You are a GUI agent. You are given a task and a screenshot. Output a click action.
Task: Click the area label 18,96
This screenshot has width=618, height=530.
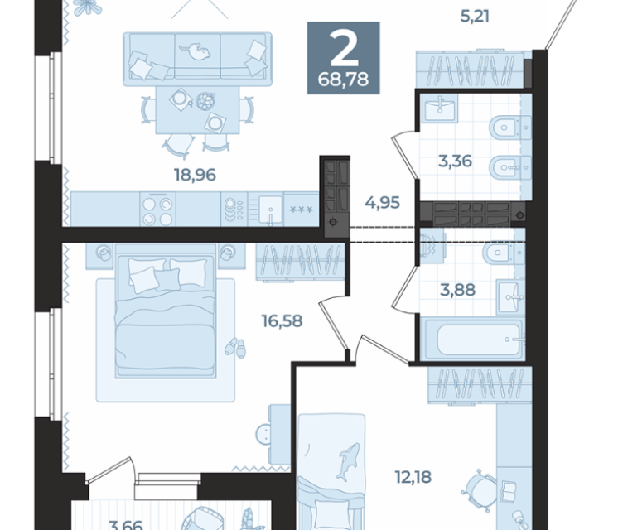196,175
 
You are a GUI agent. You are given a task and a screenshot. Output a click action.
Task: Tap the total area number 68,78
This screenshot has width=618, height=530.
343,79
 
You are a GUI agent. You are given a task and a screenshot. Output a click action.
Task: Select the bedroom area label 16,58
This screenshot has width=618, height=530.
282,321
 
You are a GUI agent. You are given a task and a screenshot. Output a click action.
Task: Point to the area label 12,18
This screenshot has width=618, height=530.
413,477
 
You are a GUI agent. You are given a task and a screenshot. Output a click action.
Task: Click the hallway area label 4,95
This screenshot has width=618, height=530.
382,203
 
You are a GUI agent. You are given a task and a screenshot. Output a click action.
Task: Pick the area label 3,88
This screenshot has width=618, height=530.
457,290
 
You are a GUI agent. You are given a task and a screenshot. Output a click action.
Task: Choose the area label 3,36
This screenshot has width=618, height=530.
456,161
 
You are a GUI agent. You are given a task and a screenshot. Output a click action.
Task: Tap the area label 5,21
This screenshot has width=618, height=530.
475,17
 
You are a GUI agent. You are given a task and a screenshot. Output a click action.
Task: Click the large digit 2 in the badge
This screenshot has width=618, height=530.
344,49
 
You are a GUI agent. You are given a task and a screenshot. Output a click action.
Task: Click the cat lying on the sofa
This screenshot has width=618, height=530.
196,51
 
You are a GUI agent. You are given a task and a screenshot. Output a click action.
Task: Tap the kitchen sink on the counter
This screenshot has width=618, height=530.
270,210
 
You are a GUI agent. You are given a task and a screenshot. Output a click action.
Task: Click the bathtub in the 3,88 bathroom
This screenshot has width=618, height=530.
472,340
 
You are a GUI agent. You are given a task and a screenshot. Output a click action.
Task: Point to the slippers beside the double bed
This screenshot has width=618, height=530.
235,348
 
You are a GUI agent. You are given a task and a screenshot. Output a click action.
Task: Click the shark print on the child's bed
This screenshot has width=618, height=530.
348,461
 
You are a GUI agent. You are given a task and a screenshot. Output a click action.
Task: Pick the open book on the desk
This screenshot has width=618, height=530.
509,489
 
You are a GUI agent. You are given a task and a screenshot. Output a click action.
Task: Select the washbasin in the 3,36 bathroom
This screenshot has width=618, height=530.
439,108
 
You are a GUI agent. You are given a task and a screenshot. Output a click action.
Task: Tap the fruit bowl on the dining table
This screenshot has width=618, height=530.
205,101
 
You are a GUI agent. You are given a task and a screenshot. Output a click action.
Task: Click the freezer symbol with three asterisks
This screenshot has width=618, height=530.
301,210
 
